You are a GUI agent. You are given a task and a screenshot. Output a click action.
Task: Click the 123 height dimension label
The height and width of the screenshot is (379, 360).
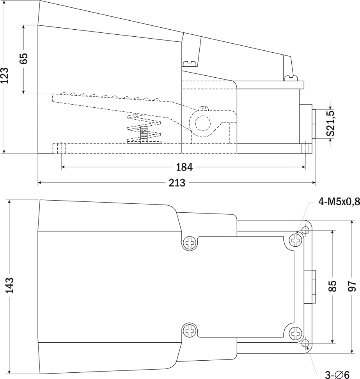(5, 75)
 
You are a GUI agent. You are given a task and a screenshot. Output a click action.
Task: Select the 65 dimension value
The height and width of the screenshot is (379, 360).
(24, 58)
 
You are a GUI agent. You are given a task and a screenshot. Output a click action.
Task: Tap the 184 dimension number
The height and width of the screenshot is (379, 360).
(184, 167)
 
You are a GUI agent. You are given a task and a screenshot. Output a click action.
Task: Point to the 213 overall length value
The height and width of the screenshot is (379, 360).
(177, 183)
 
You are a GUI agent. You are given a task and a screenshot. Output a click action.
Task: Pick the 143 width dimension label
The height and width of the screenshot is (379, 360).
(10, 285)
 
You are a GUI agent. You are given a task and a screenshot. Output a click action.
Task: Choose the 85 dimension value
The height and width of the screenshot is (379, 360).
(333, 286)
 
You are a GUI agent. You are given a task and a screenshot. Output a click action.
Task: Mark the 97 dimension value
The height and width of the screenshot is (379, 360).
(353, 286)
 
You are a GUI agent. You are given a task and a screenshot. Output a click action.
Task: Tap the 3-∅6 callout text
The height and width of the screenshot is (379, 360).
(337, 375)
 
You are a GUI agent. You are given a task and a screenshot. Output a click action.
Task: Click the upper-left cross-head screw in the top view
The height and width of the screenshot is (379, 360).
(190, 243)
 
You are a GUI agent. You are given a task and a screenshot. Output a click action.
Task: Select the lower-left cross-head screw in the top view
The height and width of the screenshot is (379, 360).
(190, 331)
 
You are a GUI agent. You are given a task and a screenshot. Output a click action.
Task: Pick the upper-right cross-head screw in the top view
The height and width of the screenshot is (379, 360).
(296, 240)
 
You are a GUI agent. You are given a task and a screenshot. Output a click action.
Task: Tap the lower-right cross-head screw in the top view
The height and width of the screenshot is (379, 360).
(296, 334)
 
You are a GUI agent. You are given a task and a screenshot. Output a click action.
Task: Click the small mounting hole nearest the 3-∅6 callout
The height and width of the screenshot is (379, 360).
(305, 343)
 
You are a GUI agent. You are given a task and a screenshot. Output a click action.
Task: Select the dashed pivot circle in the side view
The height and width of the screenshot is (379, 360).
(202, 123)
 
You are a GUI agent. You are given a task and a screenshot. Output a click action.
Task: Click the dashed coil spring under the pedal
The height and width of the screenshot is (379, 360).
(144, 128)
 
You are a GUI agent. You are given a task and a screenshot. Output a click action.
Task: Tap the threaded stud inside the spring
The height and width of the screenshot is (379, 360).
(144, 134)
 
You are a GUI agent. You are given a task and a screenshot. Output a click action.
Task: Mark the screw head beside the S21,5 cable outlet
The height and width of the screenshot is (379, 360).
(291, 78)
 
